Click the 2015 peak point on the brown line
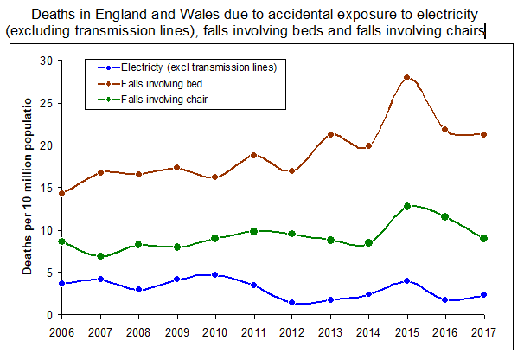(406, 77)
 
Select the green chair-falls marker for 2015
(406, 206)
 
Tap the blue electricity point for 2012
(294, 303)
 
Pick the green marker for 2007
(101, 256)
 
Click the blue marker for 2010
(215, 275)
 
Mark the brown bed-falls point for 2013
(331, 134)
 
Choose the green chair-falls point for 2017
(484, 238)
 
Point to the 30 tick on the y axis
(47, 61)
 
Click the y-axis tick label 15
(47, 188)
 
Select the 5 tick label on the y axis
(49, 273)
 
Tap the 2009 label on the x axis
(176, 331)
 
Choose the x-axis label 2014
(369, 331)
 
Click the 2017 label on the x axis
(484, 331)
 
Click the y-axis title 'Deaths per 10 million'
(28, 190)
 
